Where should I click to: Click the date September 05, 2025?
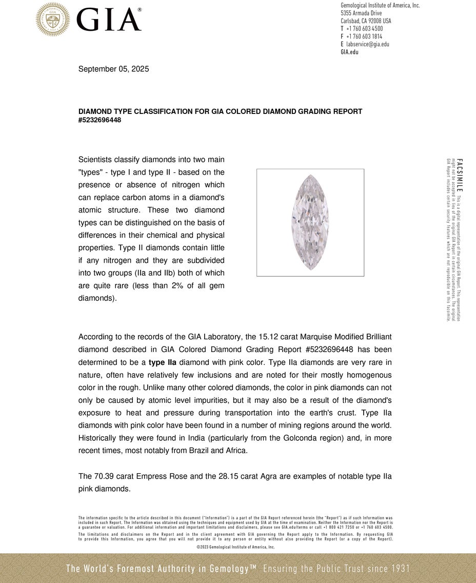(113, 69)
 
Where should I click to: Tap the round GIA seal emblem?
(53, 19)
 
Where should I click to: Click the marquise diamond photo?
(310, 222)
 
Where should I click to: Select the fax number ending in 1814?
(364, 36)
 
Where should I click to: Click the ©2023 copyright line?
(235, 547)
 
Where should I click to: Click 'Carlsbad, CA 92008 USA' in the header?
(366, 21)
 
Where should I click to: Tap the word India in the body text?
(205, 438)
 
